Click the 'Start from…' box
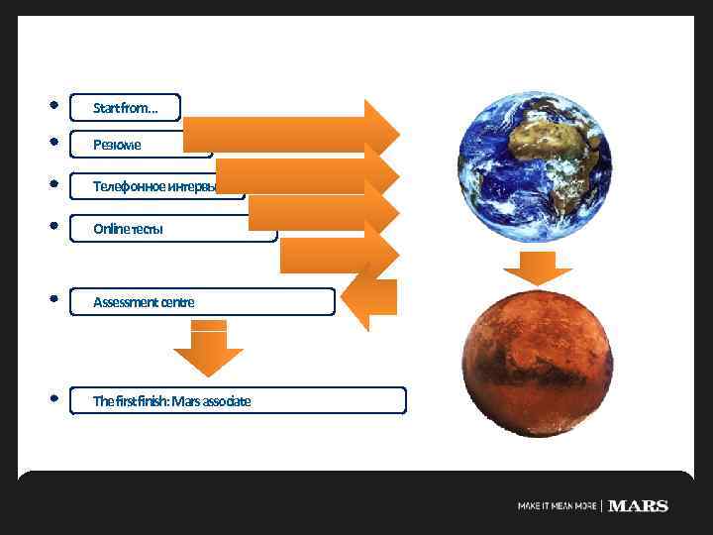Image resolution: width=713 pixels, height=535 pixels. pyautogui.click(x=126, y=107)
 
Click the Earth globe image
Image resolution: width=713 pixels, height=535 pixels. pyautogui.click(x=535, y=167)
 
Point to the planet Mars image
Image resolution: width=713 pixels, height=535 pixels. pyautogui.click(x=538, y=362)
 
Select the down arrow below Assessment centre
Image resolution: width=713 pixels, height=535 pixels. pyautogui.click(x=208, y=348)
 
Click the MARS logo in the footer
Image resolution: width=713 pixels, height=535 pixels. pyautogui.click(x=638, y=506)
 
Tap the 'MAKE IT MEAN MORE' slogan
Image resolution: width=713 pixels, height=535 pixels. pyautogui.click(x=558, y=506)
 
